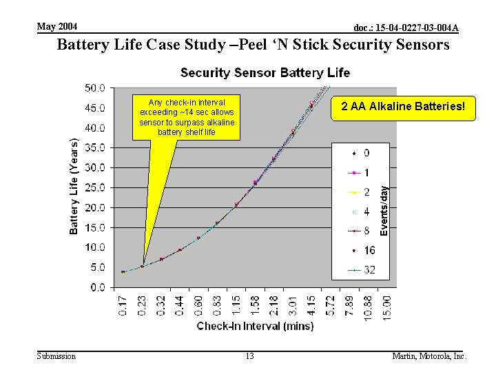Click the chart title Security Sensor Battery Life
pos(265,72)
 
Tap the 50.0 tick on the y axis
pos(95,88)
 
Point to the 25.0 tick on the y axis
pos(95,187)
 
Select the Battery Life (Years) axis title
pos(74,186)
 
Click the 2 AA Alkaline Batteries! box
pos(404,107)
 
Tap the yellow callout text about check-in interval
pos(187,116)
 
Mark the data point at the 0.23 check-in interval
pos(143,266)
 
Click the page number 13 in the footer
pos(249,356)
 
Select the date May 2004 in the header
pos(57,27)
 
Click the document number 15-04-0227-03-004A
pos(405,28)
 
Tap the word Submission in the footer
pos(56,356)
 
